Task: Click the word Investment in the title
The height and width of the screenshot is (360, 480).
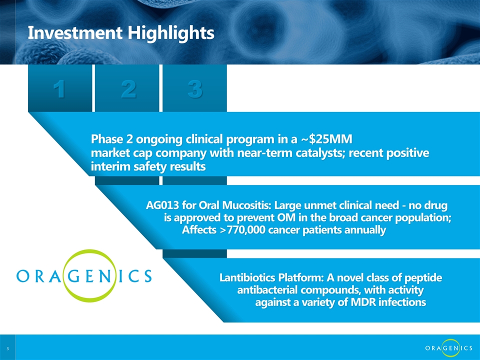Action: [x=75, y=32]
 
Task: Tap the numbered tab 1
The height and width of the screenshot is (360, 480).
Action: [x=59, y=88]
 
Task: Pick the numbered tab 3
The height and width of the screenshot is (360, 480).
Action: [x=194, y=88]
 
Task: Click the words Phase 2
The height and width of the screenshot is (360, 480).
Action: [x=111, y=139]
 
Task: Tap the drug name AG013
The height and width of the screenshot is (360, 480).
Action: [x=162, y=205]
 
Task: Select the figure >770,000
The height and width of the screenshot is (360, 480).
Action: [x=242, y=229]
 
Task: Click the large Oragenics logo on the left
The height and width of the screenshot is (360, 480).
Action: [x=84, y=275]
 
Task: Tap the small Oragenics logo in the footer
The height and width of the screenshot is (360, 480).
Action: [x=448, y=348]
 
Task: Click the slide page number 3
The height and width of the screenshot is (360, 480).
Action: [x=7, y=348]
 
